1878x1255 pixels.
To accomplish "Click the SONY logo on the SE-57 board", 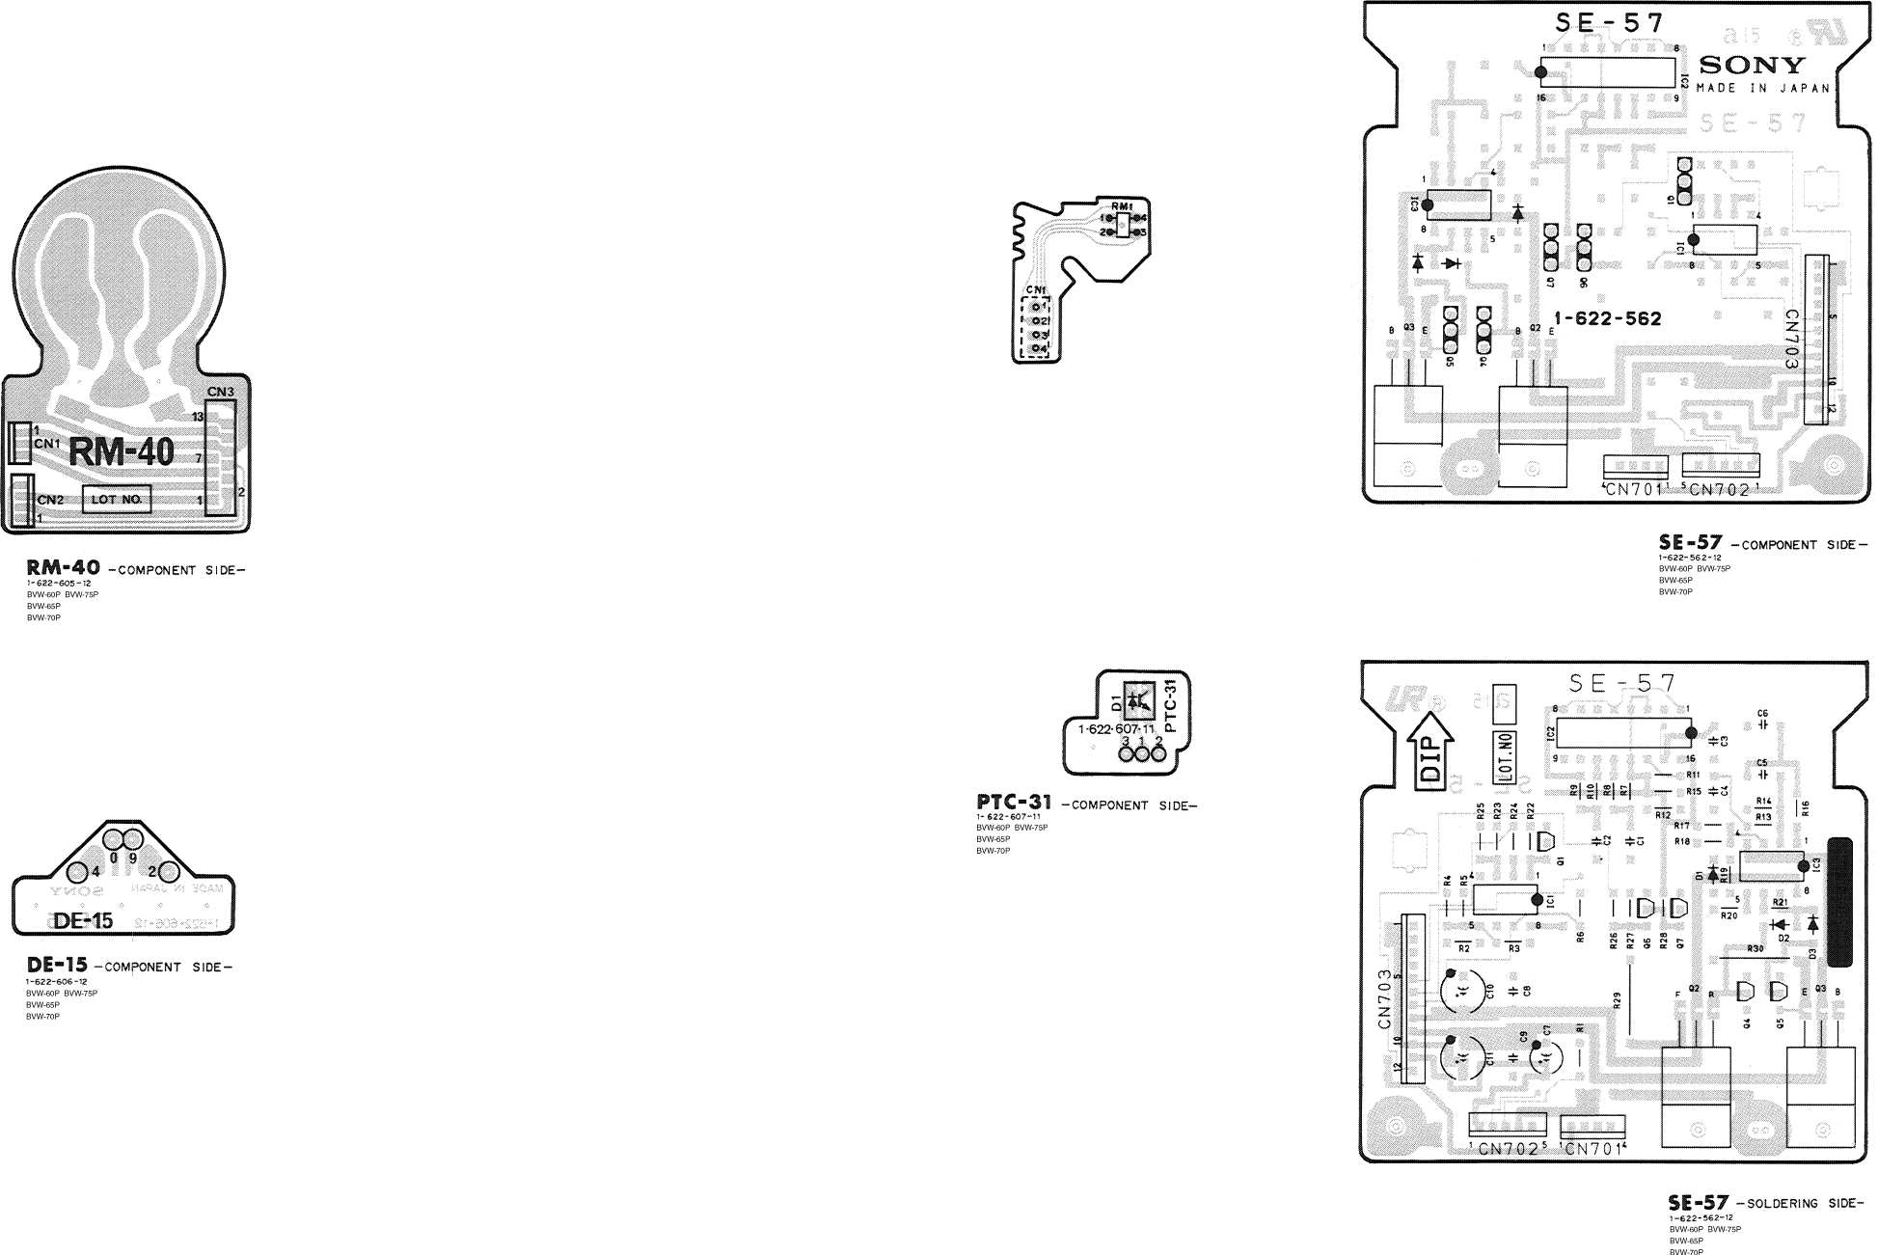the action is tap(1751, 66).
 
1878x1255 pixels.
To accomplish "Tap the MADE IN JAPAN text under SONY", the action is tap(1761, 88).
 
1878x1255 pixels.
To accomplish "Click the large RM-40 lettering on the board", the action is tap(122, 452).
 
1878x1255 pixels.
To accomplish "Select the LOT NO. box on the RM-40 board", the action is tap(117, 500).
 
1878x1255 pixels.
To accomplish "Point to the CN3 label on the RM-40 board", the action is tap(220, 392).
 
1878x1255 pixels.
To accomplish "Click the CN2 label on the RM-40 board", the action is tap(50, 500).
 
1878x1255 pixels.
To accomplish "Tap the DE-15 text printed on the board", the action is tap(84, 921).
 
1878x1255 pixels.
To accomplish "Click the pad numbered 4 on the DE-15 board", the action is tap(84, 872).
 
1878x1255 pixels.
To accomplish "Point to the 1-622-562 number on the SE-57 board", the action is tap(1608, 318).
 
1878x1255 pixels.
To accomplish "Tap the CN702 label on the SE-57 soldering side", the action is tap(1508, 1148).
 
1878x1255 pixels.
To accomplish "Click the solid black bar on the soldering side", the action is tap(1839, 902).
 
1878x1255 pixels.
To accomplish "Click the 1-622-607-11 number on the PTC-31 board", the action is tap(1116, 729).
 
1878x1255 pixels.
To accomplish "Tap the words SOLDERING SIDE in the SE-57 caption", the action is tap(1804, 1204).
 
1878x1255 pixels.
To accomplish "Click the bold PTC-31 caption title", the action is tap(1014, 804).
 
